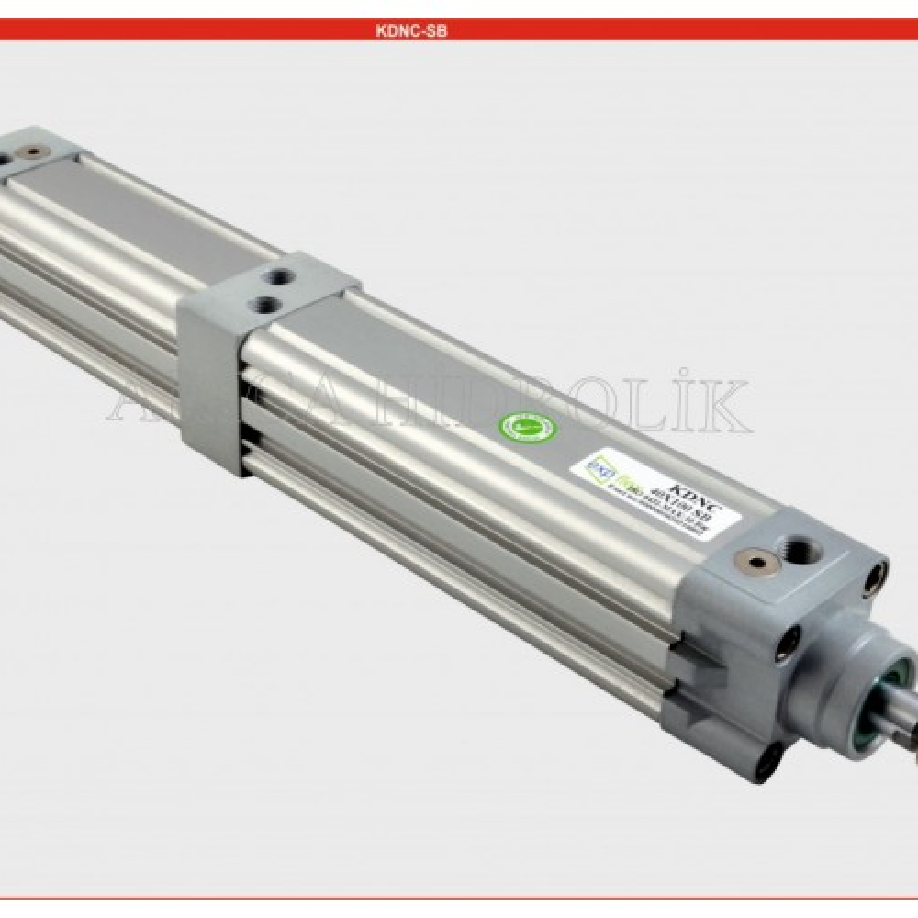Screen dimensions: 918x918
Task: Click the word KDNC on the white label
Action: click(x=689, y=487)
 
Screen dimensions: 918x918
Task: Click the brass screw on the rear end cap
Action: click(x=34, y=151)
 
